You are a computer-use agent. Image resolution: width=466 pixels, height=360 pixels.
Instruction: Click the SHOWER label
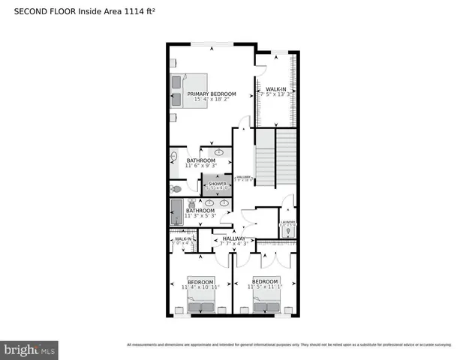click(x=218, y=184)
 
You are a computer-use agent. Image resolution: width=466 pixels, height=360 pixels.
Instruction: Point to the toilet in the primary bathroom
click(x=175, y=190)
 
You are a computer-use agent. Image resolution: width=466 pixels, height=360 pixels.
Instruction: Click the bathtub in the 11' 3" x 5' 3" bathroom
click(x=177, y=211)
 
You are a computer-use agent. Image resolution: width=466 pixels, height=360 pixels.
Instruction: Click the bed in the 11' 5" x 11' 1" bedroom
click(x=267, y=304)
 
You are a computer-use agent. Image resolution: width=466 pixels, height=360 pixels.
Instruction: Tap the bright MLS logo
click(x=29, y=349)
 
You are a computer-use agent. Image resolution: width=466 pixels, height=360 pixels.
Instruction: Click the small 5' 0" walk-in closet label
click(x=182, y=241)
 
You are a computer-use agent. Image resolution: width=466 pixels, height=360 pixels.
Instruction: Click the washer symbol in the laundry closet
click(x=287, y=232)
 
